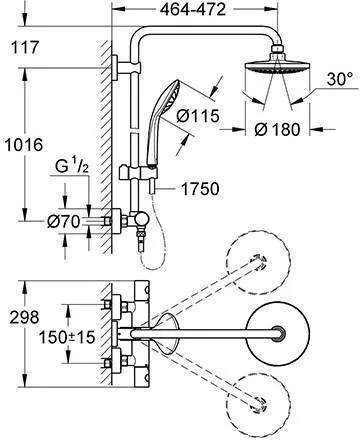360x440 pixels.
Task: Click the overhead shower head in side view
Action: [274, 75]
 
